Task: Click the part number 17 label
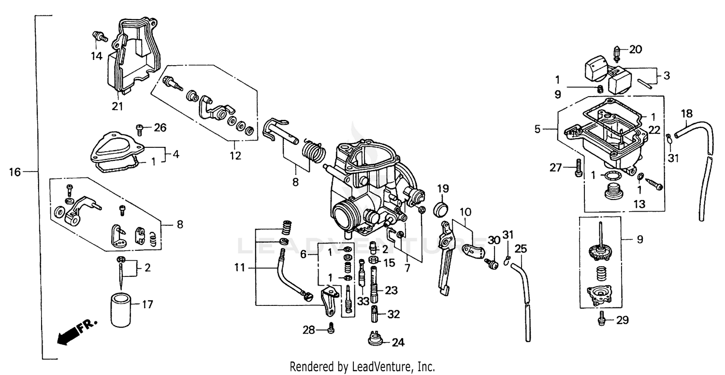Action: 147,305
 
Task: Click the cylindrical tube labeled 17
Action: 120,309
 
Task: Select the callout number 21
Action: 118,106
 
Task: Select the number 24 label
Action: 398,343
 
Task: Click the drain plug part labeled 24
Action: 376,338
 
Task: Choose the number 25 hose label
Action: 520,249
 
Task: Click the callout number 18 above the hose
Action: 687,114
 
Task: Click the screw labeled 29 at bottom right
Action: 602,317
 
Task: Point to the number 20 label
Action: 636,49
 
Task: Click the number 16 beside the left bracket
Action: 15,172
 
